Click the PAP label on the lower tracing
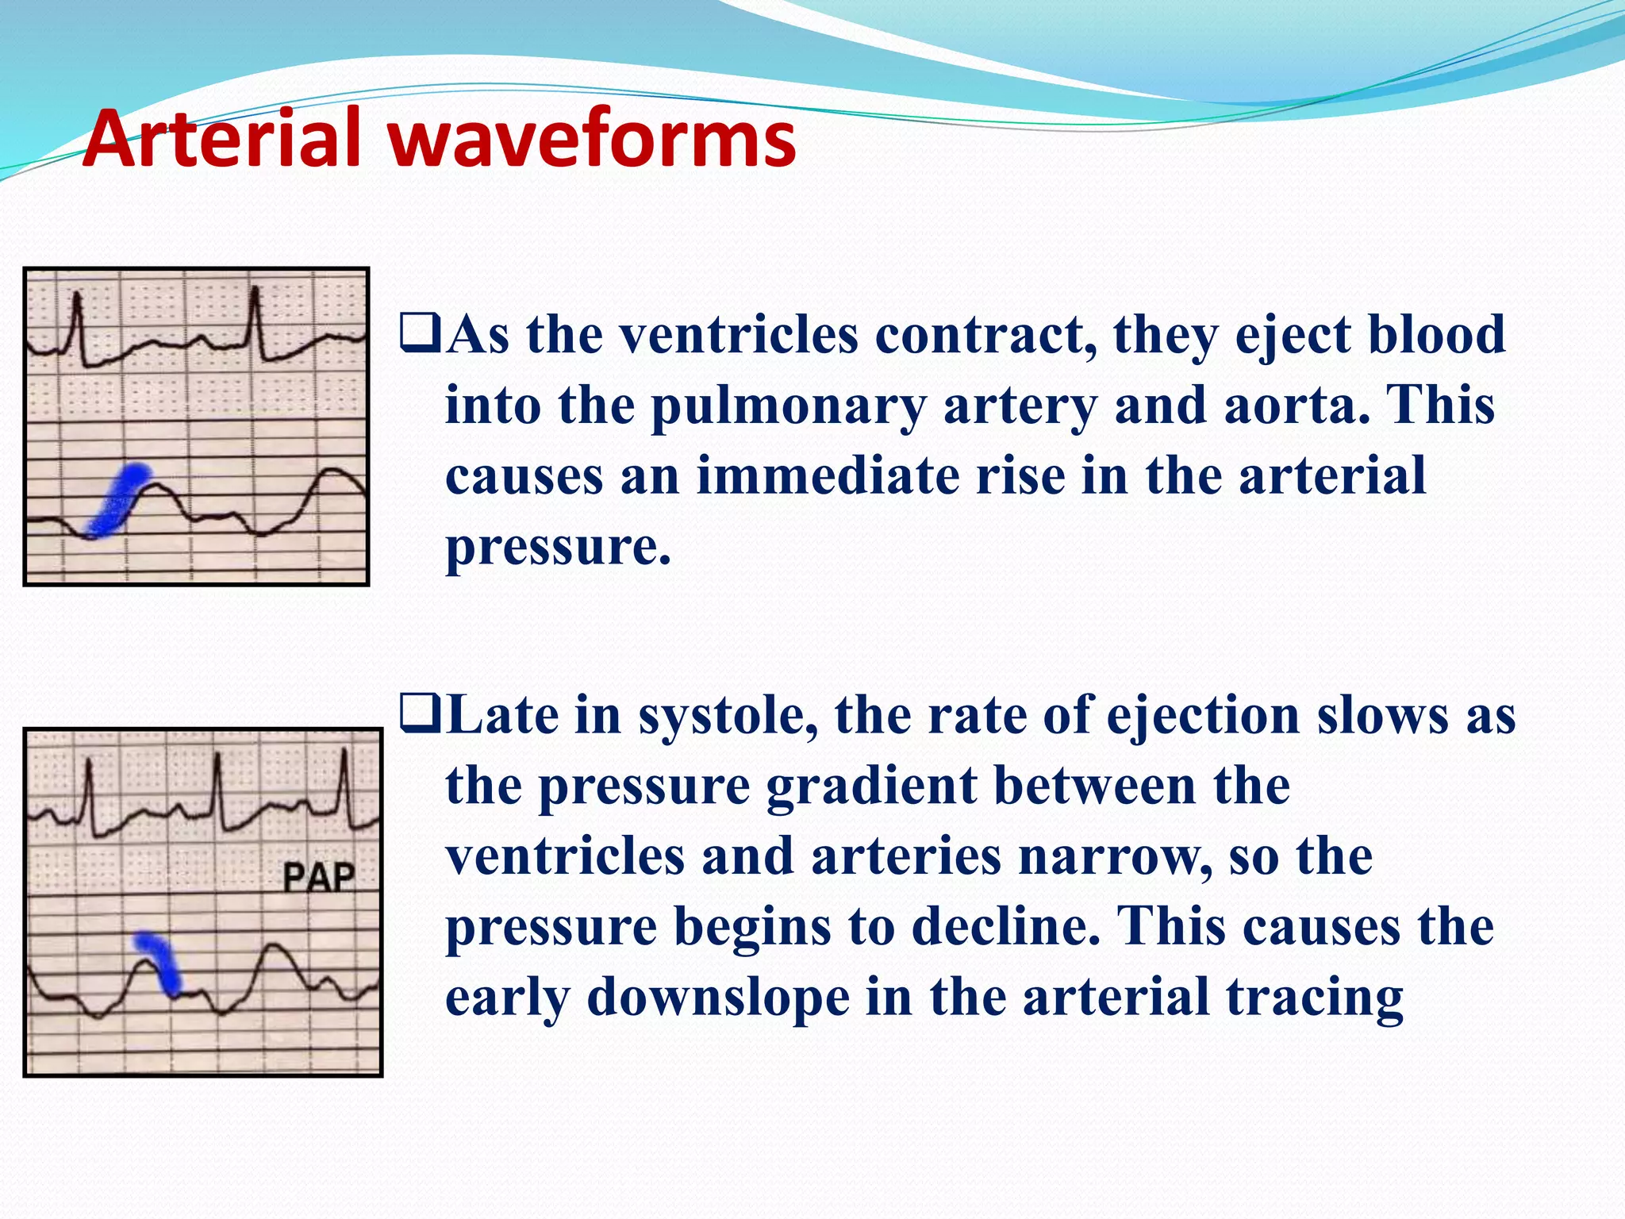(x=319, y=878)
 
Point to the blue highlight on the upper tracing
(x=119, y=499)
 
